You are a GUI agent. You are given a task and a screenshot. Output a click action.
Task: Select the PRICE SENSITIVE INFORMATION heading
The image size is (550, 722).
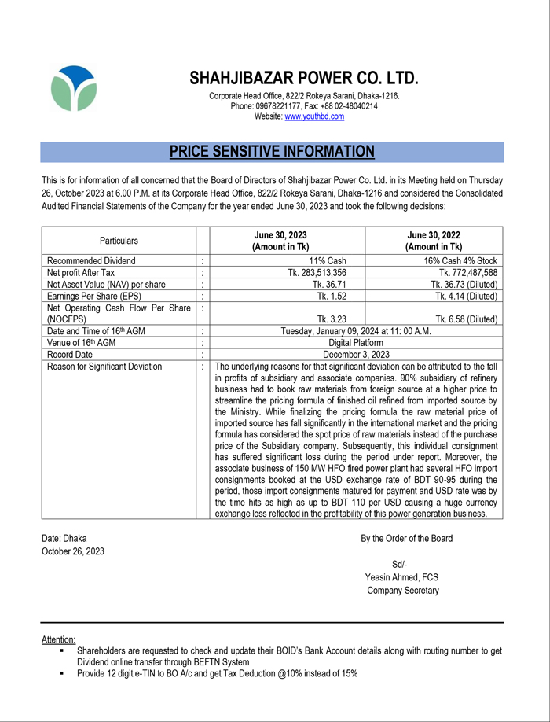272,152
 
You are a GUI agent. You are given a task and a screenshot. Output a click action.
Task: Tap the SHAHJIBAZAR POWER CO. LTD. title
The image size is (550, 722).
303,79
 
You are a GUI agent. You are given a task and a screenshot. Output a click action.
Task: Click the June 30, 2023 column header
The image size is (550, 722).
280,241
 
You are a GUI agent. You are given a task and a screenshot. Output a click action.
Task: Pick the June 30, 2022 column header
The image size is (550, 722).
434,241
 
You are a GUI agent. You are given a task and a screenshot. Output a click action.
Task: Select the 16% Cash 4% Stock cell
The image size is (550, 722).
460,261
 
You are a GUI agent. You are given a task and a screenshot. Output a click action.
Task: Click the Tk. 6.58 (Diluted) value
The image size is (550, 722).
466,319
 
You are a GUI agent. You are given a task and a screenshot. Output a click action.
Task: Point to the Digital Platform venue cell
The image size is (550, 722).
356,343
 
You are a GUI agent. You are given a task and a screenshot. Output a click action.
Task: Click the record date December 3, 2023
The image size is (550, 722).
356,355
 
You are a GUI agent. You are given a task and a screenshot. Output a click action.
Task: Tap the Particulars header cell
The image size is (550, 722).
119,241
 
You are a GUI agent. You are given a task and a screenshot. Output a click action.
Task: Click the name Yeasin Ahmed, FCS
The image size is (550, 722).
402,577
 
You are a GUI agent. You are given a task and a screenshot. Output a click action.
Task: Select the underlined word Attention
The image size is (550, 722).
59,640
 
